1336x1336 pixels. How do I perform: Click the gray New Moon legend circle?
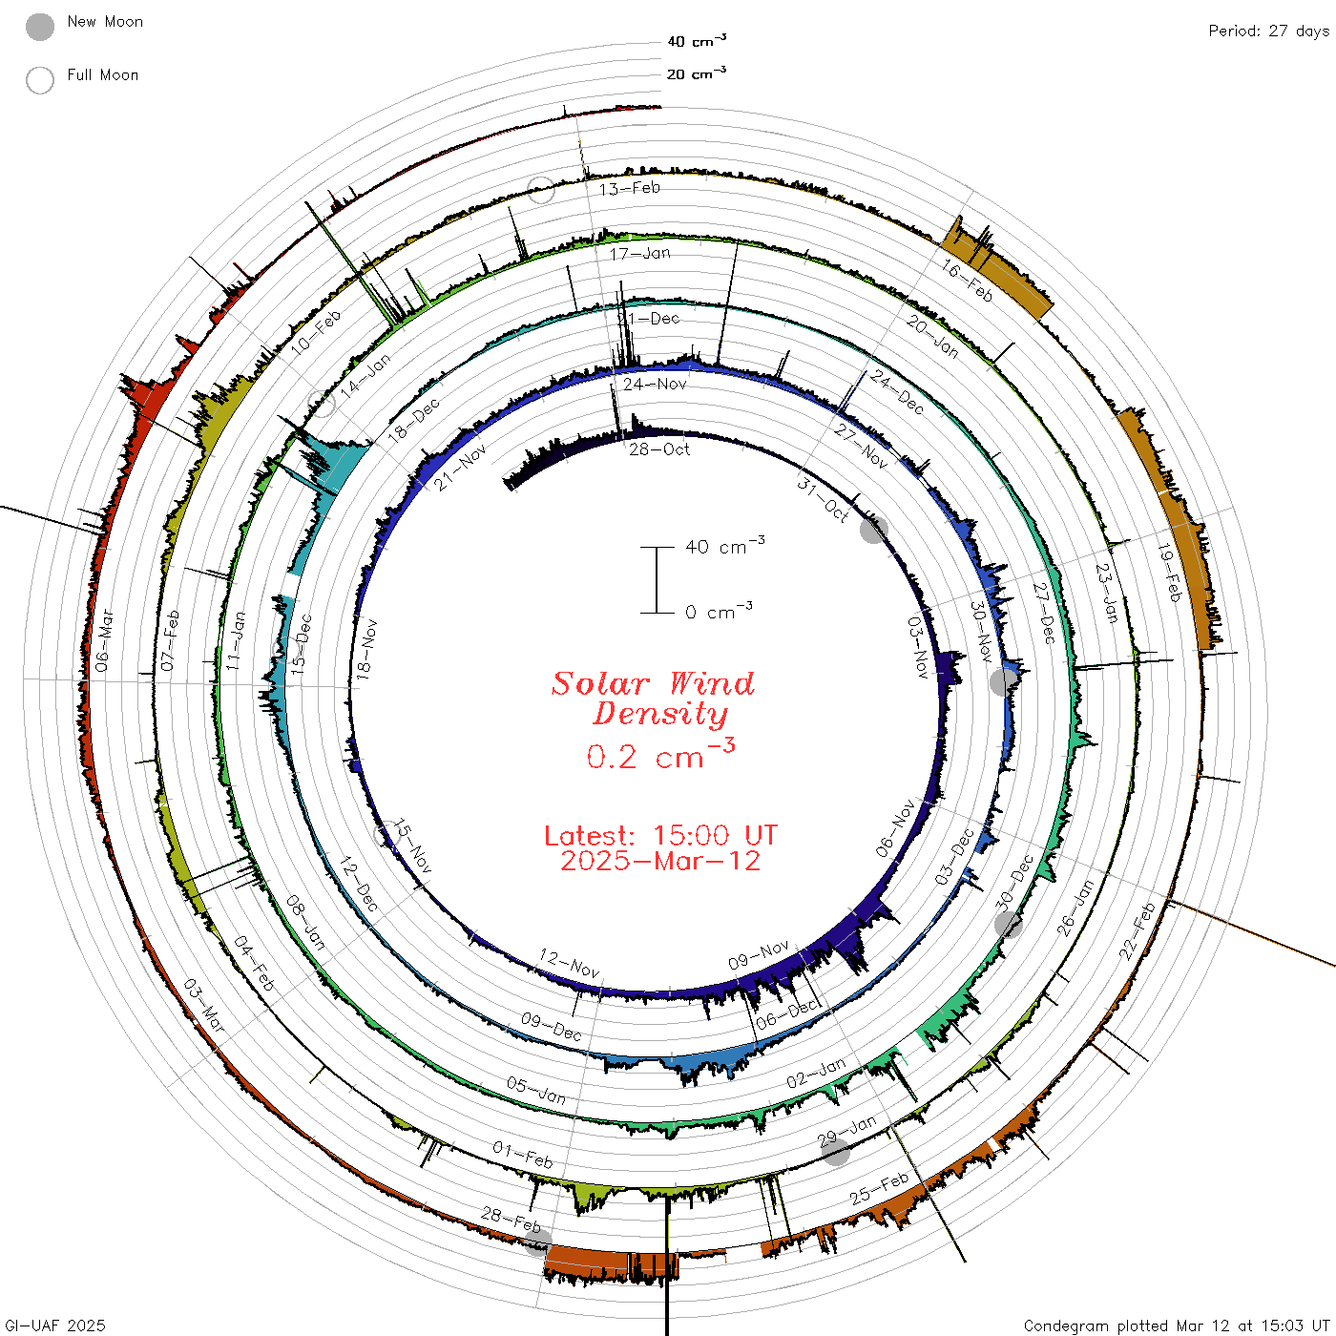point(40,27)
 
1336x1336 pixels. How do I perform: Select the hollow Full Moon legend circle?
point(40,80)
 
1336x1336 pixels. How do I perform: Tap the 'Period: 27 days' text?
point(1269,31)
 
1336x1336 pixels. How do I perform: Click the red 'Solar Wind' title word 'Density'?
point(660,714)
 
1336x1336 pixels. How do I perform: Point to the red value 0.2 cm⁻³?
point(660,755)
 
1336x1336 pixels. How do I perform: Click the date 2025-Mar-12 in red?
point(660,861)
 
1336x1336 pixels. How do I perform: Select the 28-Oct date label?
point(659,450)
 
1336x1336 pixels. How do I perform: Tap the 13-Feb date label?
point(630,188)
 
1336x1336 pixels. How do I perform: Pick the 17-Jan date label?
point(640,254)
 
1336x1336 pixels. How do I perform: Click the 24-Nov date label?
point(655,384)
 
